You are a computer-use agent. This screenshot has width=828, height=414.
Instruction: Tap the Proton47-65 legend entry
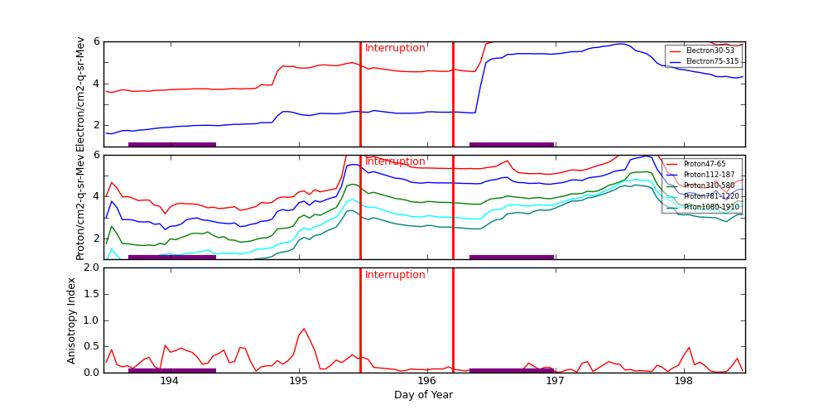tap(704, 164)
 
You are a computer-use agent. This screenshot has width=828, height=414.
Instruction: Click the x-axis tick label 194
tap(169, 382)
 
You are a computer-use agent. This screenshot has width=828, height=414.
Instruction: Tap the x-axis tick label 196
tap(426, 382)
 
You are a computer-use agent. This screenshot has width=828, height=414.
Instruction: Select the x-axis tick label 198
tap(684, 382)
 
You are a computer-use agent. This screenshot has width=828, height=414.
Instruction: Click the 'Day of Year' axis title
tap(423, 395)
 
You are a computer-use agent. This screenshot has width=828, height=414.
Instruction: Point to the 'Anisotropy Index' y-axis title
tap(72, 320)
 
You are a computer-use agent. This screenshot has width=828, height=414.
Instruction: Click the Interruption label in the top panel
tap(395, 48)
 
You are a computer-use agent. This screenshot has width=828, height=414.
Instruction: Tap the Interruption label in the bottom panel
tap(395, 275)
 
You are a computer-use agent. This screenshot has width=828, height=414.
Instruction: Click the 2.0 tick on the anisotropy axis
tap(92, 268)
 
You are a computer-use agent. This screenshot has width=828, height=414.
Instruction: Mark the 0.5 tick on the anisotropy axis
tap(92, 347)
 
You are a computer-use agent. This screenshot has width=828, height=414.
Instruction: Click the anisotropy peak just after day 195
tap(304, 329)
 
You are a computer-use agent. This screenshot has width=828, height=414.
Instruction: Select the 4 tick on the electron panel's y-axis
tap(96, 83)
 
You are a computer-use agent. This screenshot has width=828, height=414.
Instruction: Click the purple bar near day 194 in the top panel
tap(172, 144)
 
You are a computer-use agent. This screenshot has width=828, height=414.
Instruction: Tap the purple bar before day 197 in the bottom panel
tap(511, 370)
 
